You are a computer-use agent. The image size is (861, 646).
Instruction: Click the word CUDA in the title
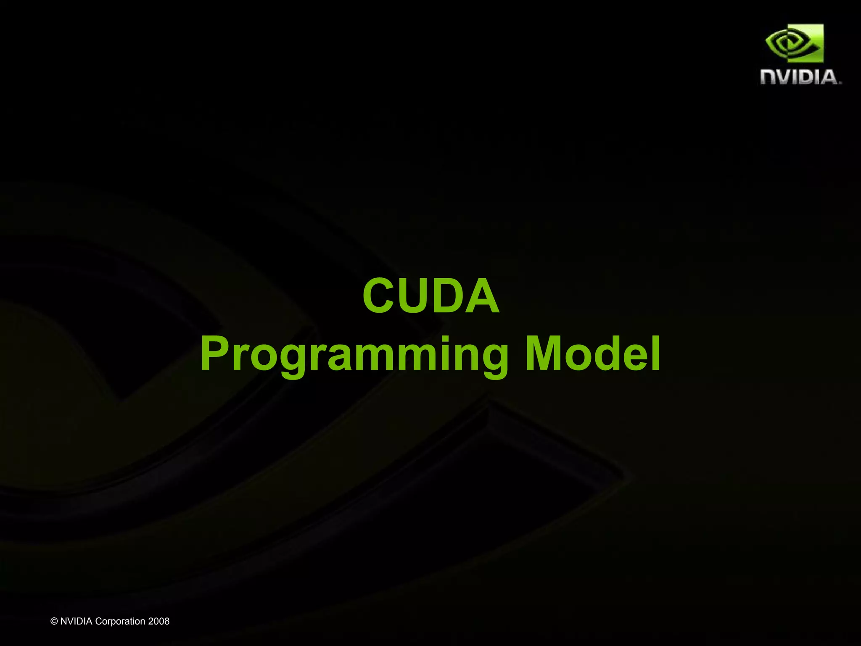[431, 296]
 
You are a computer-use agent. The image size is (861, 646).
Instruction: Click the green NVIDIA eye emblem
[794, 43]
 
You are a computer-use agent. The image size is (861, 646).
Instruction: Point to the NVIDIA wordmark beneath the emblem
[800, 77]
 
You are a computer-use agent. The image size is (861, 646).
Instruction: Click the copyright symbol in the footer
[54, 621]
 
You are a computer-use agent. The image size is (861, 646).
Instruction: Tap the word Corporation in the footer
[120, 621]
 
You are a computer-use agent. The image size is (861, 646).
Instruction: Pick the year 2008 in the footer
[158, 621]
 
